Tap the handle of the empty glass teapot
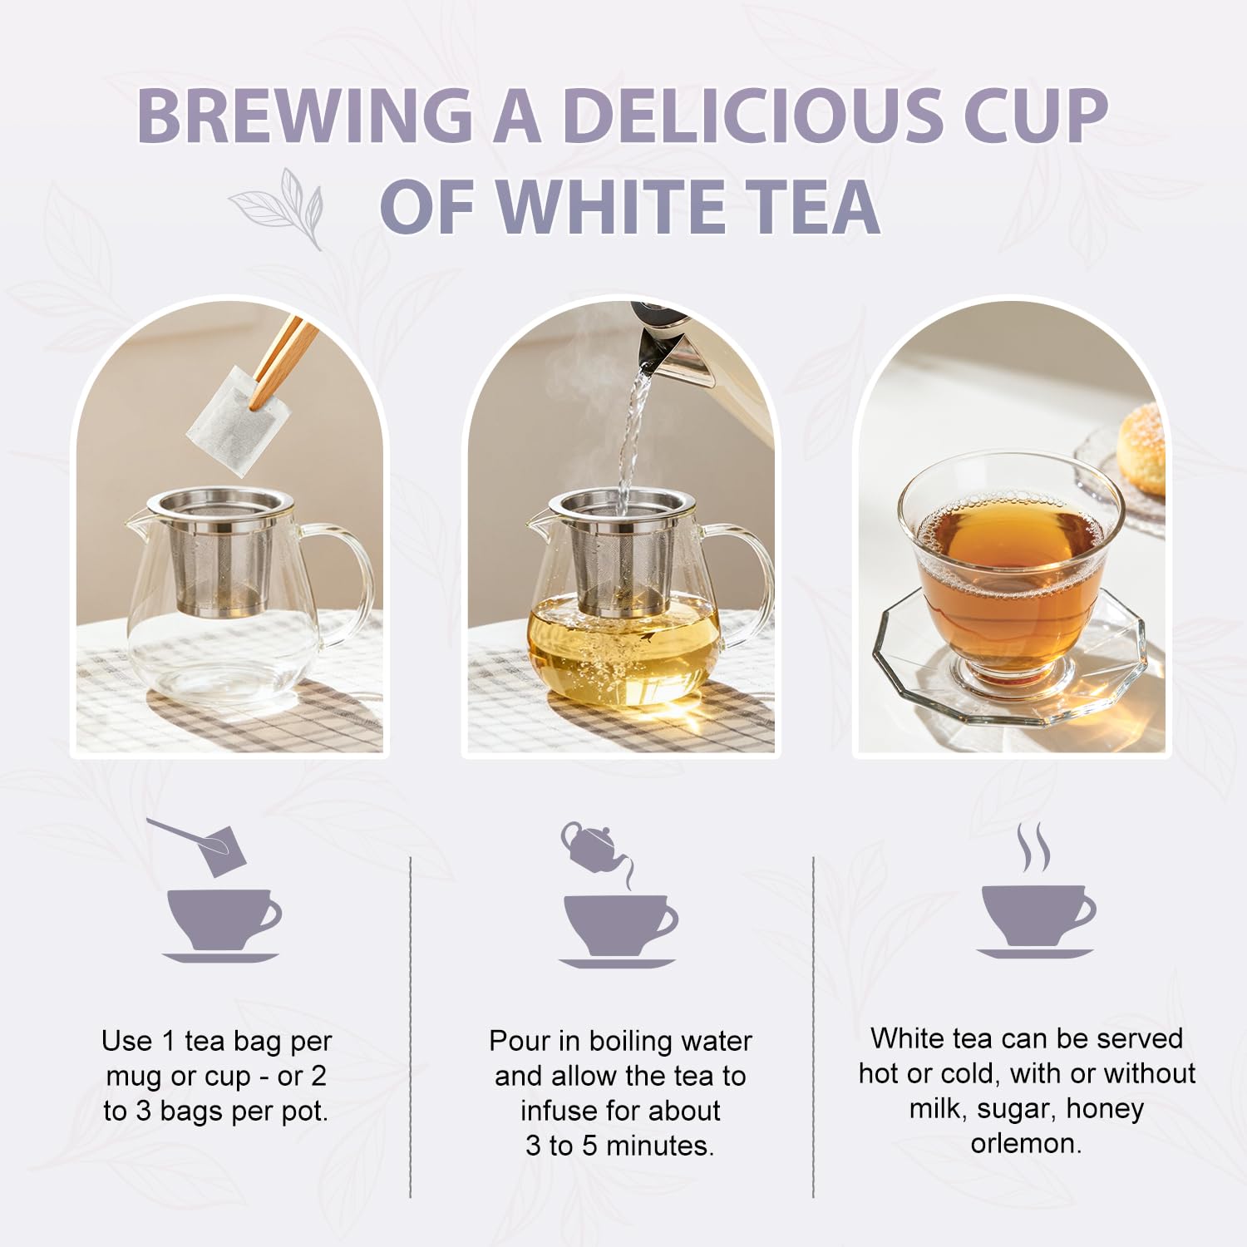coord(348,582)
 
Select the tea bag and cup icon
coord(219,890)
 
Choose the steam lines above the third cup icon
coord(1033,848)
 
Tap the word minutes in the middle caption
coord(660,1146)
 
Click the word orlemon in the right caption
coord(1026,1144)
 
